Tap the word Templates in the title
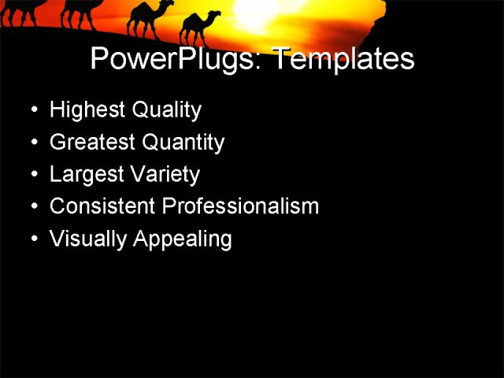[x=343, y=60]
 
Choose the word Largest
[x=85, y=175]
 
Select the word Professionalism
[x=240, y=206]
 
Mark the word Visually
[x=87, y=239]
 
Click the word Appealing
[x=183, y=239]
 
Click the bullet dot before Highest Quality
[x=33, y=110]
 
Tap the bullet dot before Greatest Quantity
[x=33, y=143]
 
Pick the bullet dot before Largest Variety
[x=33, y=174]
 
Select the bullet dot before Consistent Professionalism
[x=33, y=206]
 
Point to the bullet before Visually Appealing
[x=33, y=239]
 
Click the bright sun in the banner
[x=260, y=12]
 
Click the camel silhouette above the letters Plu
[x=150, y=17]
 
